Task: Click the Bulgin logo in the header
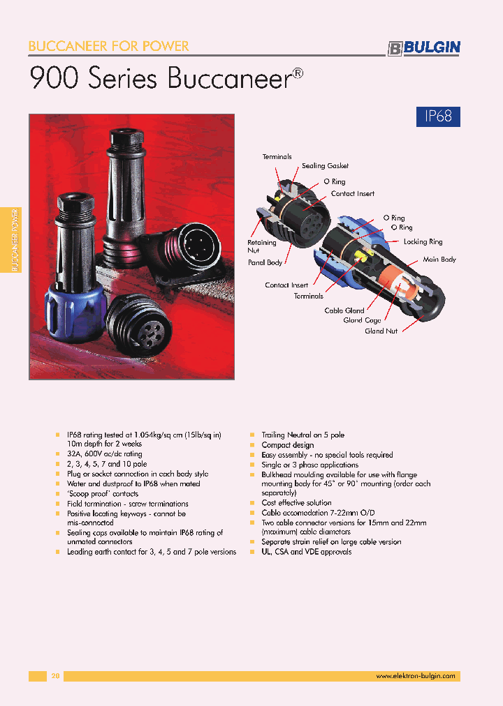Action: pos(423,47)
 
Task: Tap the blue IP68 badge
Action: pos(438,116)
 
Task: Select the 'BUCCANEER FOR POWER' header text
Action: pos(108,46)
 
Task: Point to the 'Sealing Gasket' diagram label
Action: pos(325,166)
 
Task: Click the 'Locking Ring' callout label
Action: pos(423,242)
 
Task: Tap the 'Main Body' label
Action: pos(439,260)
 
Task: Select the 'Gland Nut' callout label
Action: pos(381,331)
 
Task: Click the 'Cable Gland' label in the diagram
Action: pos(344,310)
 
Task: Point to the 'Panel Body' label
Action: pos(265,263)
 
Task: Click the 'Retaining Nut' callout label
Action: pos(261,246)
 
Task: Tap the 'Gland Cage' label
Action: pos(362,320)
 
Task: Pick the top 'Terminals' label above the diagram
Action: pos(277,157)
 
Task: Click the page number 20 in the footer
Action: pos(56,676)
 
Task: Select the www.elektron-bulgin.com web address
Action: pos(415,676)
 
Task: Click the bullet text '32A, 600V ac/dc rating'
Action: pos(104,454)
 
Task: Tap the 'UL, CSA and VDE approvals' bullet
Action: pos(306,552)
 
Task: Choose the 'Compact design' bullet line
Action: pos(287,445)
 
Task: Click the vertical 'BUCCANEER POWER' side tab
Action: pos(15,240)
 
